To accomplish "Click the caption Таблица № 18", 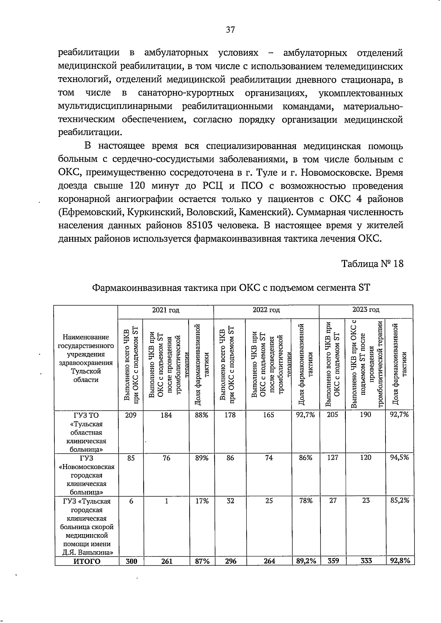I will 372,263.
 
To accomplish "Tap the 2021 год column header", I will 166,310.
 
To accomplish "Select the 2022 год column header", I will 266,310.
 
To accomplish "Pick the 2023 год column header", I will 366,310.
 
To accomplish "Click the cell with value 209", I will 131,415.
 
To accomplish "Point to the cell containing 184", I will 166,415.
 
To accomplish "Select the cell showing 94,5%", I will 399,457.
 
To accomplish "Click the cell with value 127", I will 333,458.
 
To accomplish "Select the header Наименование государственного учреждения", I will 86,358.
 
